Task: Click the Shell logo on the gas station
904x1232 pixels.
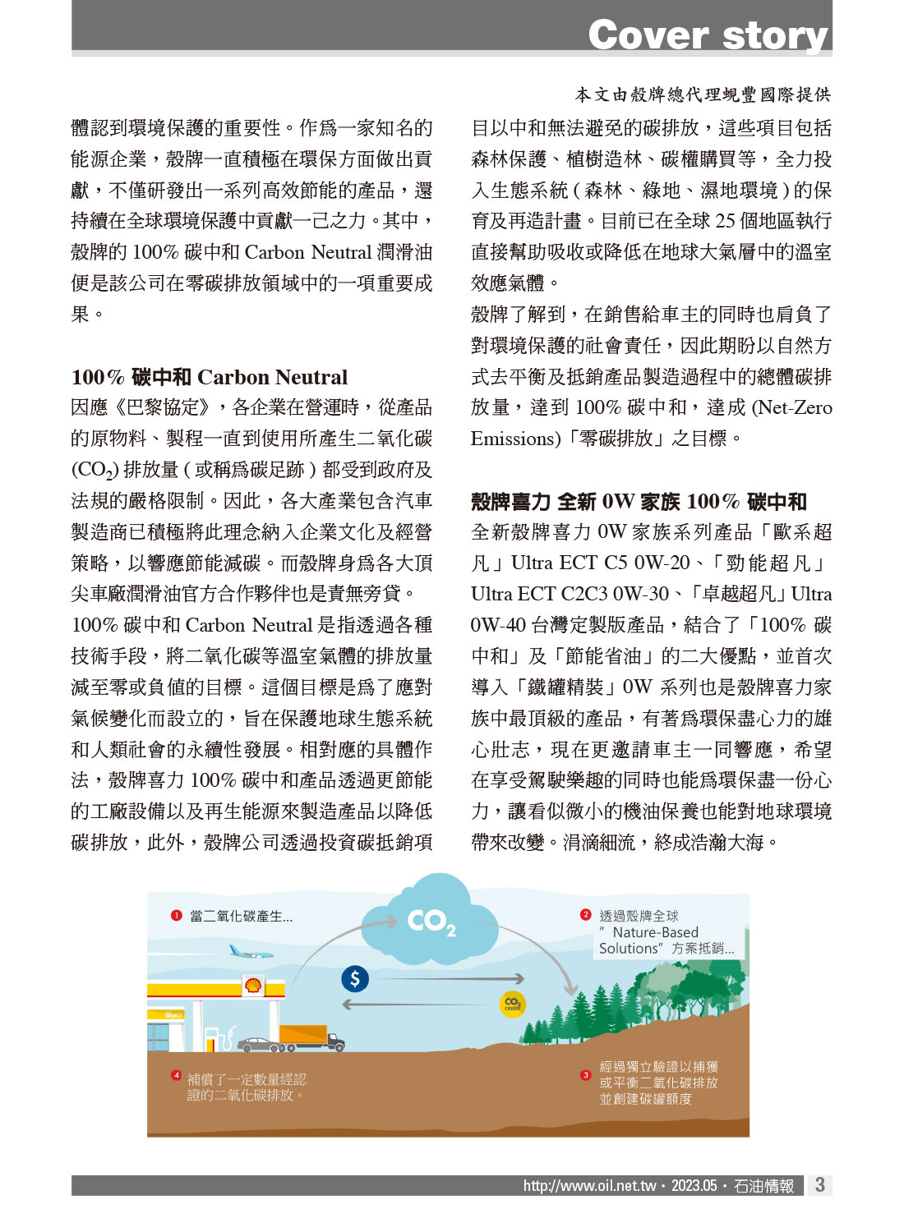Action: pos(253,985)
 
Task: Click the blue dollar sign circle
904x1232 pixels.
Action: pos(355,978)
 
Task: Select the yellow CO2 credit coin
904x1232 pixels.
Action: pos(512,1003)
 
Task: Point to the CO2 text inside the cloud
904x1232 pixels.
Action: pos(431,922)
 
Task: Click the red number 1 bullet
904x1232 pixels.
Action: pos(176,916)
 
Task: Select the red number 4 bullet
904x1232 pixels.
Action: pos(176,1075)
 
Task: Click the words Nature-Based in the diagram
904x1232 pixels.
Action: pos(655,932)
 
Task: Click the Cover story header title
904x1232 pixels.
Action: pos(708,35)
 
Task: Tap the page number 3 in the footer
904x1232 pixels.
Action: pos(819,1184)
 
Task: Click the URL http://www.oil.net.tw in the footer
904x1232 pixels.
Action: pos(589,1186)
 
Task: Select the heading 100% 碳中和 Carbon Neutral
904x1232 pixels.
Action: pos(210,377)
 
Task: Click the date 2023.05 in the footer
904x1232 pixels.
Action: pos(694,1186)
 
